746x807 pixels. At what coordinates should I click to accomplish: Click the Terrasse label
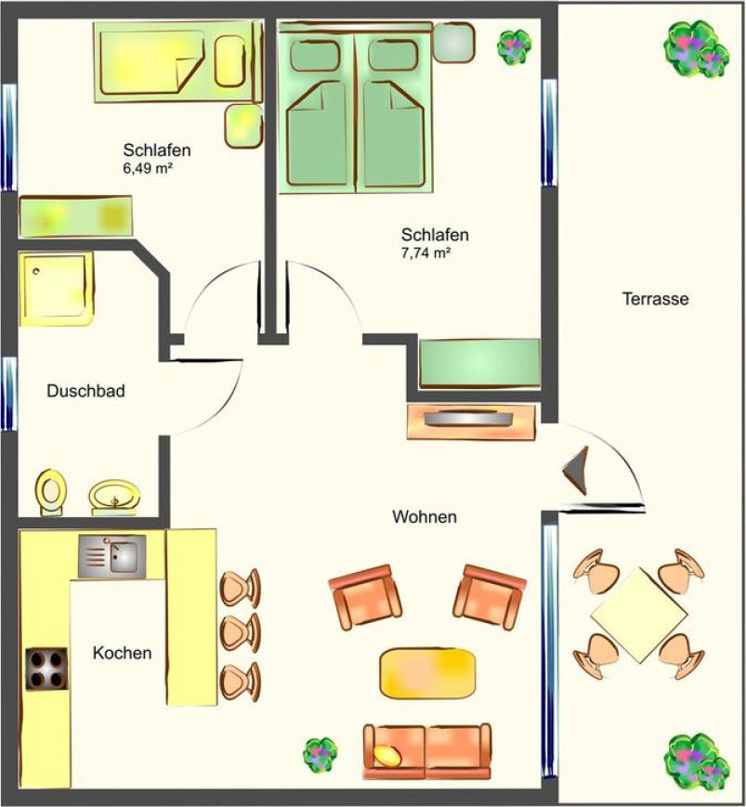[655, 299]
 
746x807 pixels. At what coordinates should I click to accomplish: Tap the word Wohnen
[425, 516]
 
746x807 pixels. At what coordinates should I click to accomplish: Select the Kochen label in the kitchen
[122, 653]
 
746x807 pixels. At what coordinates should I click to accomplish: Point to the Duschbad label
[86, 391]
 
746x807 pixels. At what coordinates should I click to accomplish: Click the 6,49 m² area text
[147, 168]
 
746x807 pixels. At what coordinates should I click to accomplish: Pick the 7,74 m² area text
[425, 253]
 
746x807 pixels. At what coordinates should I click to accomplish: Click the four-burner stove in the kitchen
[46, 669]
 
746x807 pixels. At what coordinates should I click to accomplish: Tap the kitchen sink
[111, 556]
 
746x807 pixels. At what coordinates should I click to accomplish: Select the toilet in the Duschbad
[51, 491]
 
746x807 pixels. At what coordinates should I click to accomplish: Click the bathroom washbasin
[114, 498]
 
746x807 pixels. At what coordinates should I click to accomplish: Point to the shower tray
[56, 288]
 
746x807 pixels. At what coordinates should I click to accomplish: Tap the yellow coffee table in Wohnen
[427, 673]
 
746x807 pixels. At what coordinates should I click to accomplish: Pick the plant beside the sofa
[320, 755]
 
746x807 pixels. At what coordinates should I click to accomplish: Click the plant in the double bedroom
[514, 46]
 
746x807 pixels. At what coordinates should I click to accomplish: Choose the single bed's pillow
[230, 60]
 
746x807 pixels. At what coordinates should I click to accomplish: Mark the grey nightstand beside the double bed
[453, 43]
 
